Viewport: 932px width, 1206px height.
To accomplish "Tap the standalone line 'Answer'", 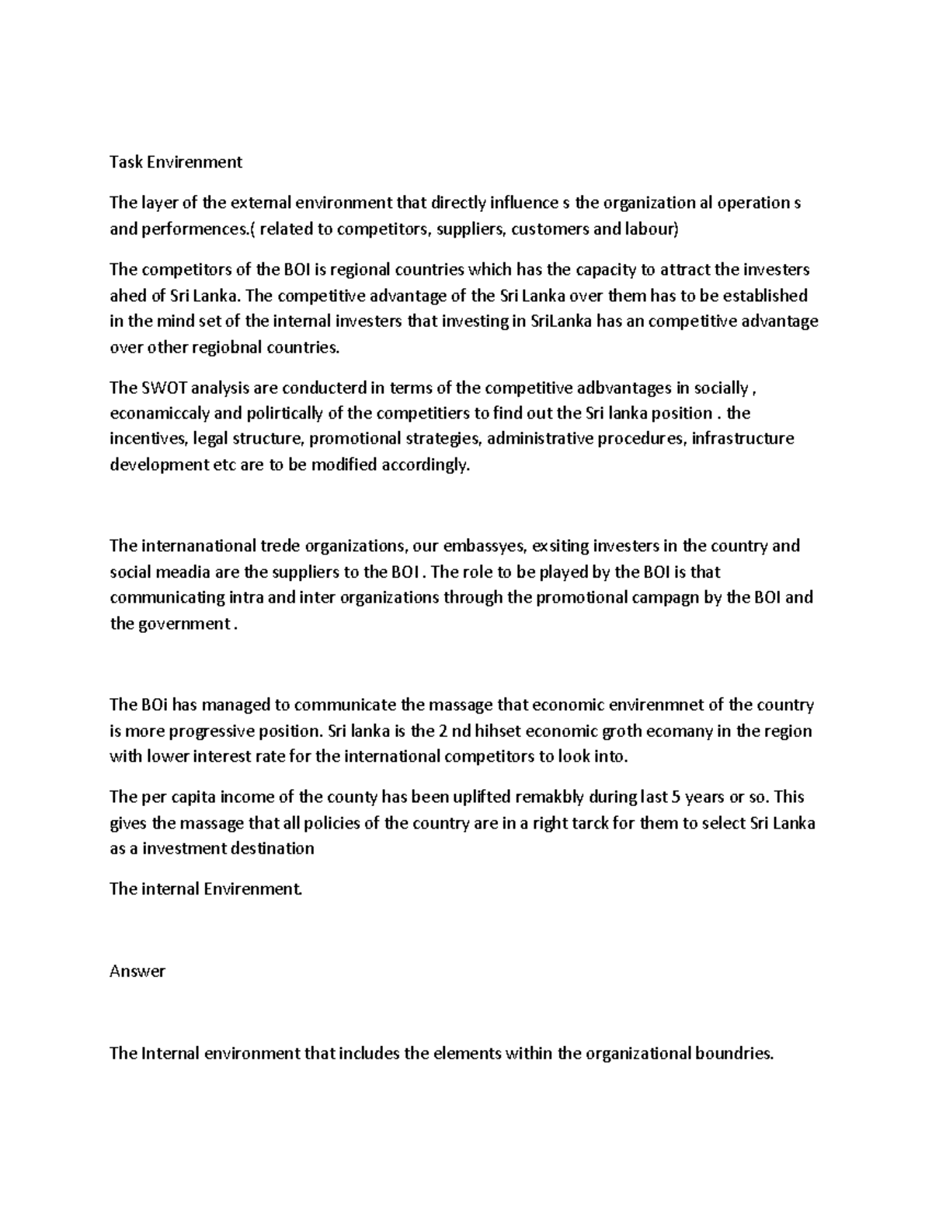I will pyautogui.click(x=137, y=971).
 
